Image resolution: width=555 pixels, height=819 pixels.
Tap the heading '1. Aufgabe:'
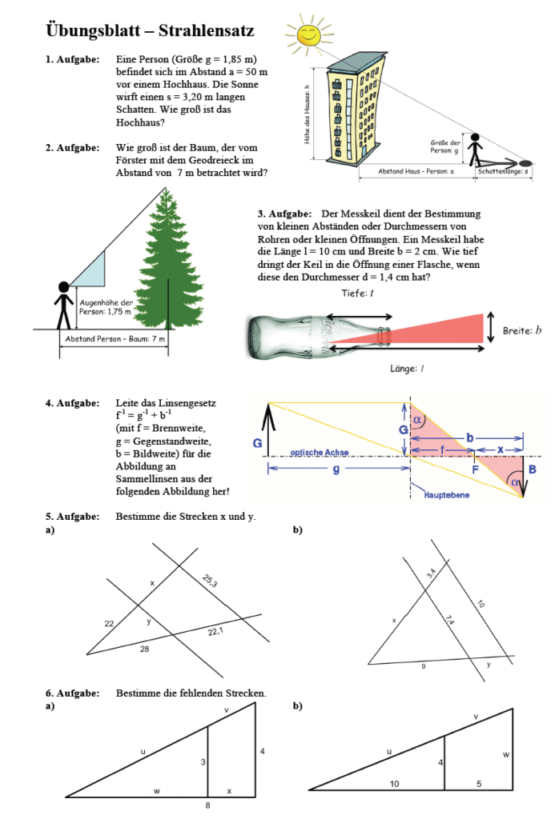click(72, 60)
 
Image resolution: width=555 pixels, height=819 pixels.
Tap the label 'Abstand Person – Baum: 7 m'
click(116, 339)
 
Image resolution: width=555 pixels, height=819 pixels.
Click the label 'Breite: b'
click(521, 330)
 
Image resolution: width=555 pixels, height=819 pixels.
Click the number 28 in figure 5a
click(144, 649)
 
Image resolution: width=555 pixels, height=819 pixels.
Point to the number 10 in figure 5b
click(481, 605)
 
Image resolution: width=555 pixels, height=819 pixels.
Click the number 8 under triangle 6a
click(207, 805)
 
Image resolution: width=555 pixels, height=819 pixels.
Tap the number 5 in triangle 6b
click(479, 783)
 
